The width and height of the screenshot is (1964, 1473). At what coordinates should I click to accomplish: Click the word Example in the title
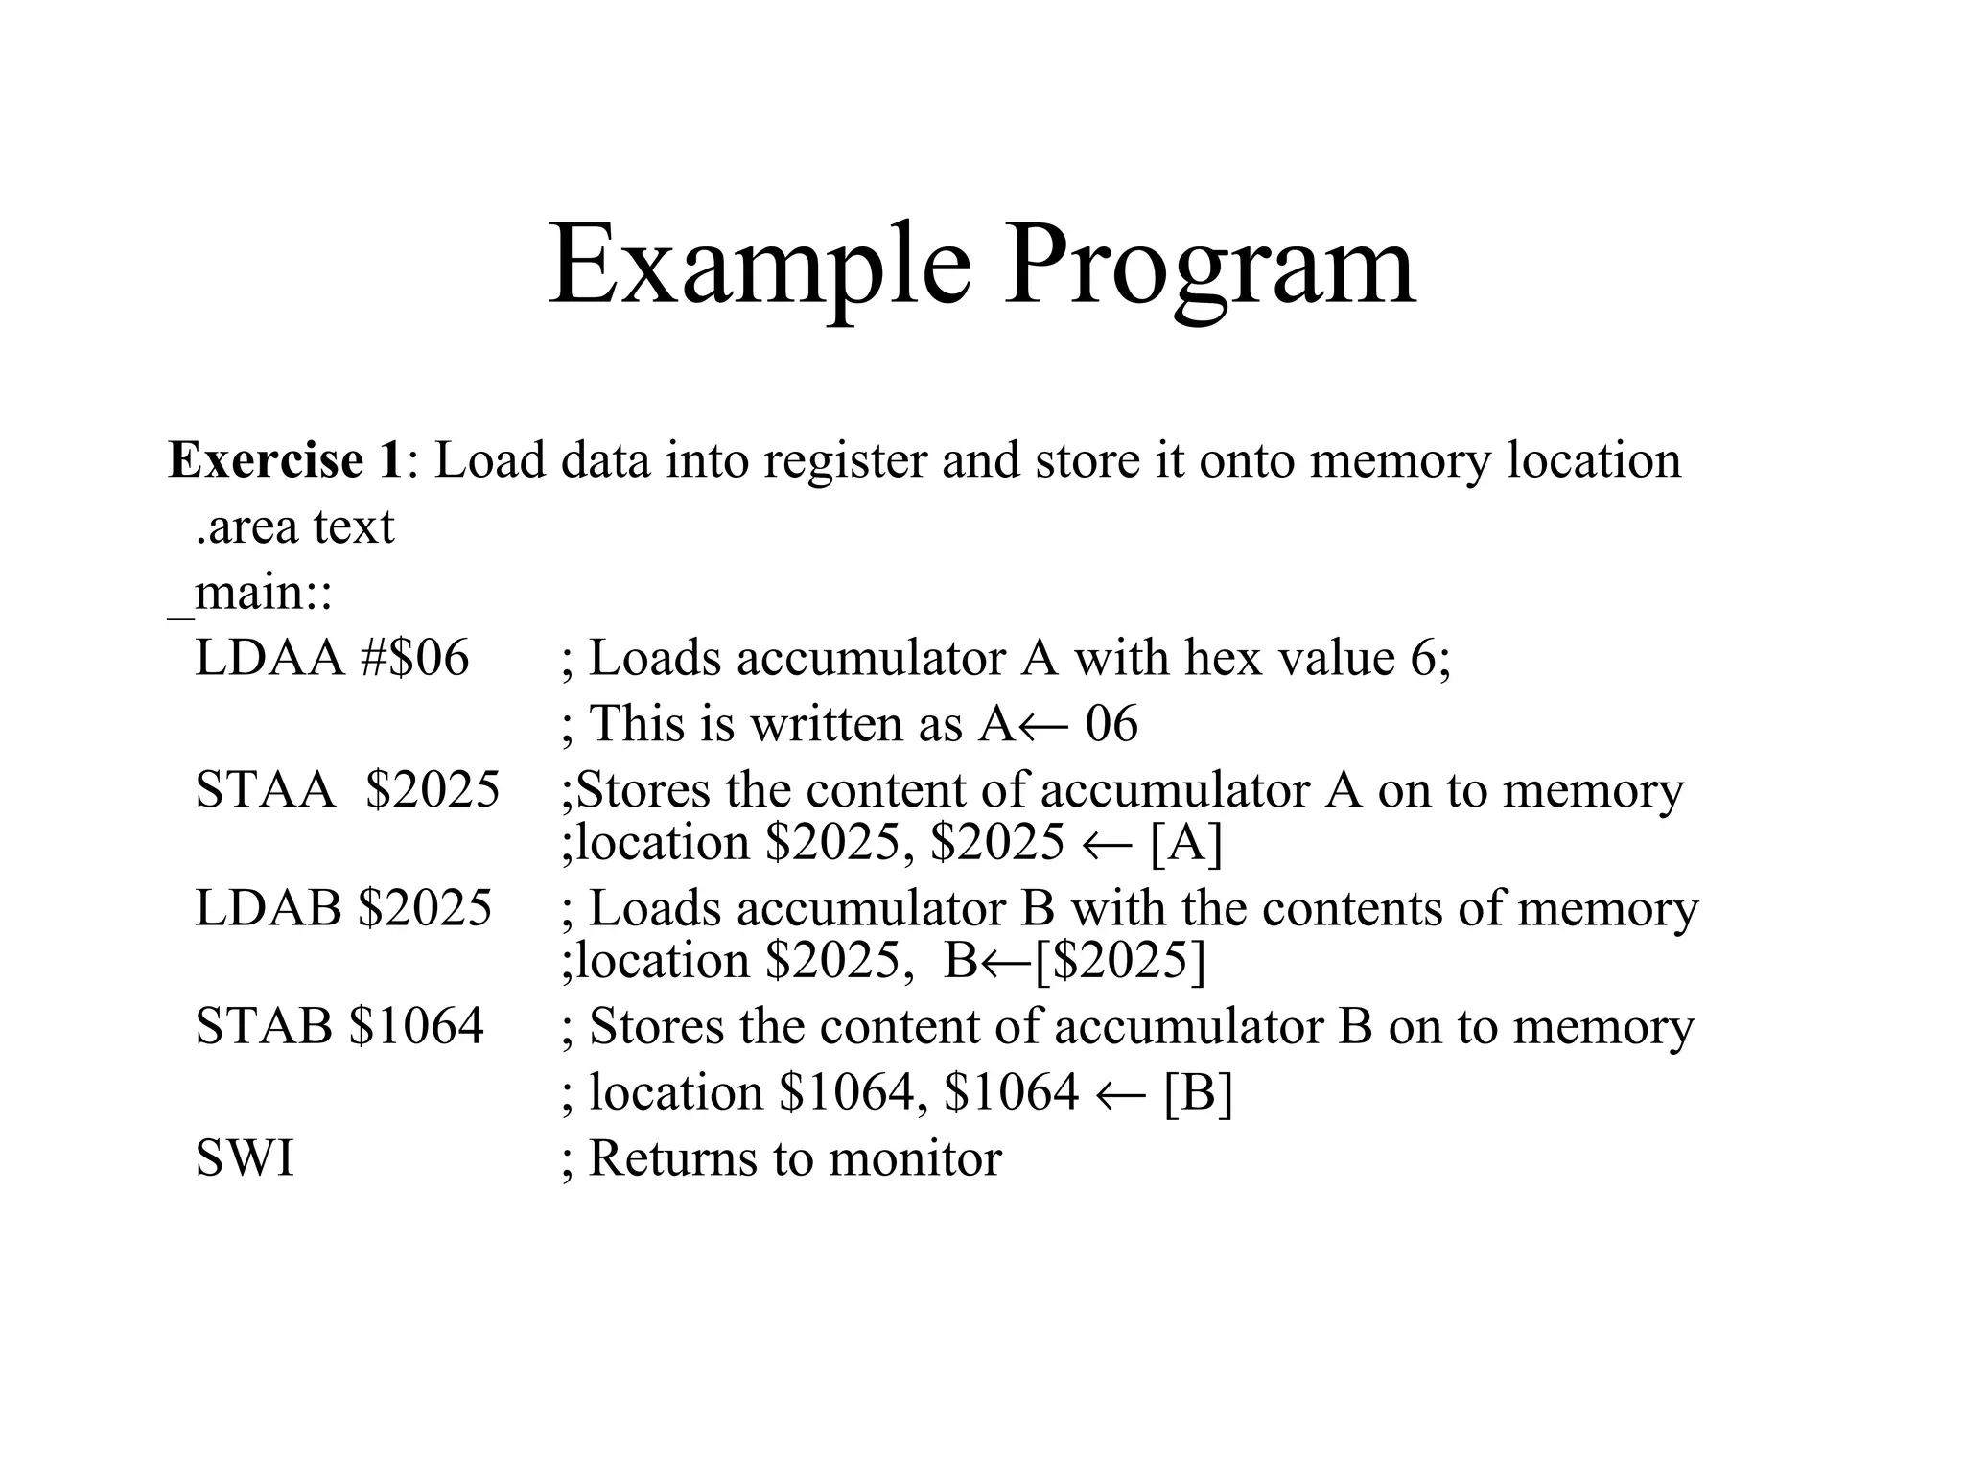[760, 266]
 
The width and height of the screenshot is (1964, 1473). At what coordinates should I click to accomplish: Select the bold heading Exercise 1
[285, 461]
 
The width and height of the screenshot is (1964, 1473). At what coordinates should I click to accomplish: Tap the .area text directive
[294, 526]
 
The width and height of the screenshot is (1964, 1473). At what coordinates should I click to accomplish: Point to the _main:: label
[250, 593]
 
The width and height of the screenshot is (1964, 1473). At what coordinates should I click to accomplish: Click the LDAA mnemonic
[269, 659]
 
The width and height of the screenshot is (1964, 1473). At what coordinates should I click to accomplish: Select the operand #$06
[415, 659]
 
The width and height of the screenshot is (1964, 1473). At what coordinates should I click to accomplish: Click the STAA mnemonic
[266, 790]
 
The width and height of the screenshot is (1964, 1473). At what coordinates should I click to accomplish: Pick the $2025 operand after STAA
[433, 790]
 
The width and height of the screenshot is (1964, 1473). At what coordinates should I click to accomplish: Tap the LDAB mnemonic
[269, 907]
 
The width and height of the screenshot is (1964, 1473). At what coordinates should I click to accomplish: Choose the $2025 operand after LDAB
[425, 907]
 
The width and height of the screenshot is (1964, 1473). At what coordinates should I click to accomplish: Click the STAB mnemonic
[264, 1026]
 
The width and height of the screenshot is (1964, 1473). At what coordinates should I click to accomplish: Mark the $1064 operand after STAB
[417, 1026]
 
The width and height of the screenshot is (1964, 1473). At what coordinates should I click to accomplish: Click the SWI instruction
[245, 1158]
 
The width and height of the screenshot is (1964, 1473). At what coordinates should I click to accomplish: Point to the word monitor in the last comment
[915, 1158]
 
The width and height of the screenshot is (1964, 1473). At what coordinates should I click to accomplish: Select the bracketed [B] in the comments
[1198, 1092]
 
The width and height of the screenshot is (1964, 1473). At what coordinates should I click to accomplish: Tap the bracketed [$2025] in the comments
[1120, 961]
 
